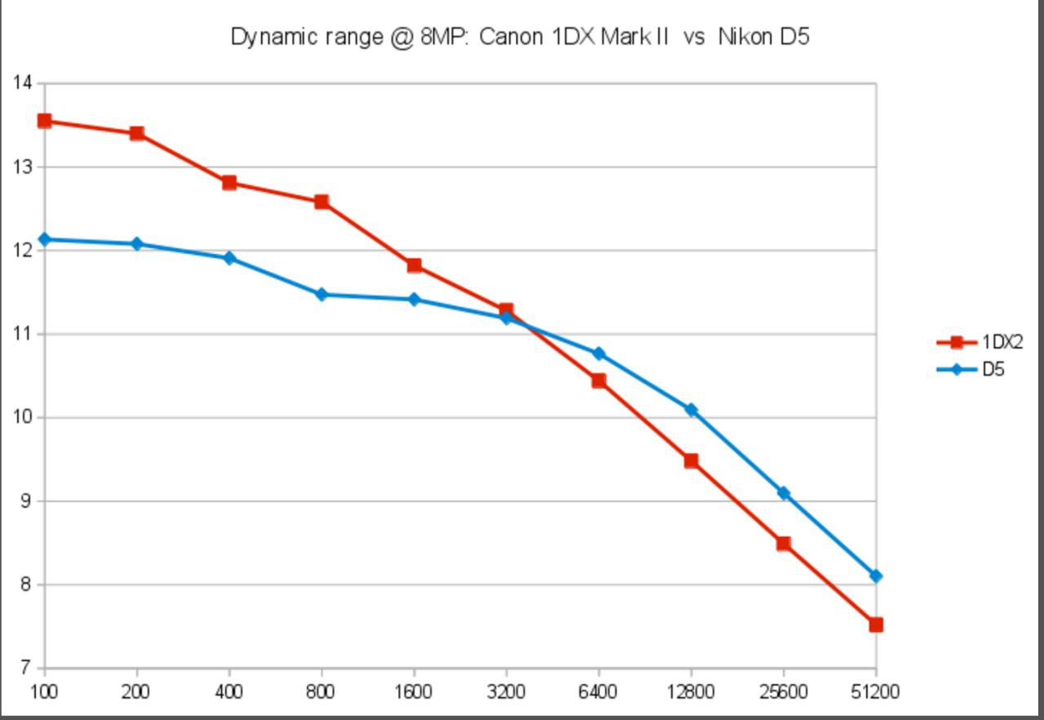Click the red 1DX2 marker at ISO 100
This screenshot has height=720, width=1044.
44,122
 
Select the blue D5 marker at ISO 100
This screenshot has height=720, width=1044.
45,240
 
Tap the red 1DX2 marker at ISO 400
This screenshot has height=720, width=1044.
229,182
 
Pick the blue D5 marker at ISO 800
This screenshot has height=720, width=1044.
321,294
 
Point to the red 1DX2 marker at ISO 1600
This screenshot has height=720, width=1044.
414,265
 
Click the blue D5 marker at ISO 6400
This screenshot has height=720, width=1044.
599,354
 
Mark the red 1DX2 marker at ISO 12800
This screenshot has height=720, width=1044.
691,460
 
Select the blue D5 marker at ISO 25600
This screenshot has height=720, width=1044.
784,493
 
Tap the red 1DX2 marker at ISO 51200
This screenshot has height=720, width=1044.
876,624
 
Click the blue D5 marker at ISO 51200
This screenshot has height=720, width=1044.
876,576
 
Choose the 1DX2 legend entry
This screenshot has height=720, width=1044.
980,342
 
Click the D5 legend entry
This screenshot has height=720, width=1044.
971,369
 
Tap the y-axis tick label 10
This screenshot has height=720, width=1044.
22,417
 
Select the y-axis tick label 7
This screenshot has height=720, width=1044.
25,667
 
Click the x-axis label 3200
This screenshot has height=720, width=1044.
507,691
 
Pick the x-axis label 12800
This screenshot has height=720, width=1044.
691,691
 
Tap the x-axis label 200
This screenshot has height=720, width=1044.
135,691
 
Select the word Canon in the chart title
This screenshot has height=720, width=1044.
511,37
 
